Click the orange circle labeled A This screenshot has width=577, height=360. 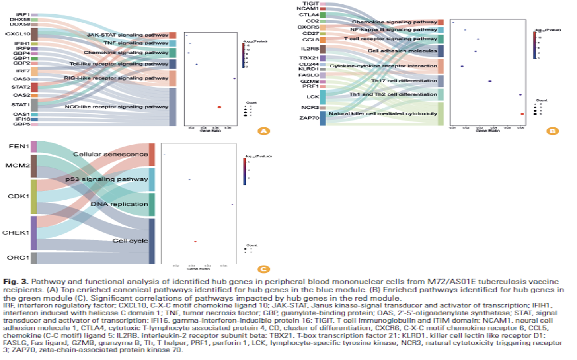pyautogui.click(x=263, y=131)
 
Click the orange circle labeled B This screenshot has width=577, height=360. pyautogui.click(x=552, y=131)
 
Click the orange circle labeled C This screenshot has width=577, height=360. pyautogui.click(x=263, y=269)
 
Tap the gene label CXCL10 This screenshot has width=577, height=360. pyautogui.click(x=18, y=34)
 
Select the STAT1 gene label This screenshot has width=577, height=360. pyautogui.click(x=20, y=105)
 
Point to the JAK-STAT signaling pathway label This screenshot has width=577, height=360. pyautogui.click(x=127, y=35)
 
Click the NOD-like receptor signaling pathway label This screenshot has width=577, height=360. pyautogui.click(x=117, y=107)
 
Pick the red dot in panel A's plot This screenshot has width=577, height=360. pyautogui.click(x=219, y=107)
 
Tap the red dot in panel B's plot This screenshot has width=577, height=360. pyautogui.click(x=522, y=114)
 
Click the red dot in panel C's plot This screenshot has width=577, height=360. pyautogui.click(x=195, y=241)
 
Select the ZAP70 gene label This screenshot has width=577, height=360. pyautogui.click(x=309, y=118)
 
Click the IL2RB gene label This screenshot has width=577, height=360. pyautogui.click(x=310, y=49)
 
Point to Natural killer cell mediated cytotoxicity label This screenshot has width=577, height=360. pyautogui.click(x=383, y=114)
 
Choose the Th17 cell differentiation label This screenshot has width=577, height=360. pyautogui.click(x=404, y=81)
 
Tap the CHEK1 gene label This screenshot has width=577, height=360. pyautogui.click(x=16, y=233)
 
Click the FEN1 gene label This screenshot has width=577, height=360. pyautogui.click(x=19, y=146)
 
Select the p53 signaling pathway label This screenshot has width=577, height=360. pyautogui.click(x=107, y=179)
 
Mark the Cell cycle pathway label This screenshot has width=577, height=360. pyautogui.click(x=130, y=241)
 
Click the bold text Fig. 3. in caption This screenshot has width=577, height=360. pyautogui.click(x=16, y=282)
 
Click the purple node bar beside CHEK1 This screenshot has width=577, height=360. pyautogui.click(x=34, y=233)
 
